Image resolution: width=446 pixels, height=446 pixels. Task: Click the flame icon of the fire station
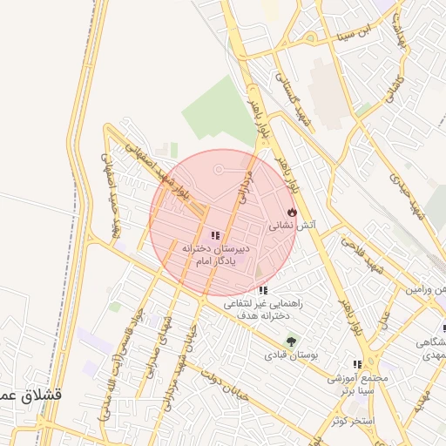(x=292, y=212)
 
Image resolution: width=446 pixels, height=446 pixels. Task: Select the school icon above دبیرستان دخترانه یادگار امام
(x=215, y=235)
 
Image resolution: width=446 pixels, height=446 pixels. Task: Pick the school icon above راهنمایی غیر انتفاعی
(x=263, y=290)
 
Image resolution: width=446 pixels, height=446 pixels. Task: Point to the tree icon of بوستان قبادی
(x=290, y=341)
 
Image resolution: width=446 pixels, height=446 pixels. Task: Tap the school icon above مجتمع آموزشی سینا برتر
(x=356, y=364)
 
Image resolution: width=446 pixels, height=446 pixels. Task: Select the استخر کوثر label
(x=351, y=421)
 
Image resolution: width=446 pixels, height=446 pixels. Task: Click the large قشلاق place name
(x=31, y=395)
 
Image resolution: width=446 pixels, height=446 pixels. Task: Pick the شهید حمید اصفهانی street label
(x=111, y=200)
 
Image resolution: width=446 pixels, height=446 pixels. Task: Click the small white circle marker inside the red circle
(x=218, y=167)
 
